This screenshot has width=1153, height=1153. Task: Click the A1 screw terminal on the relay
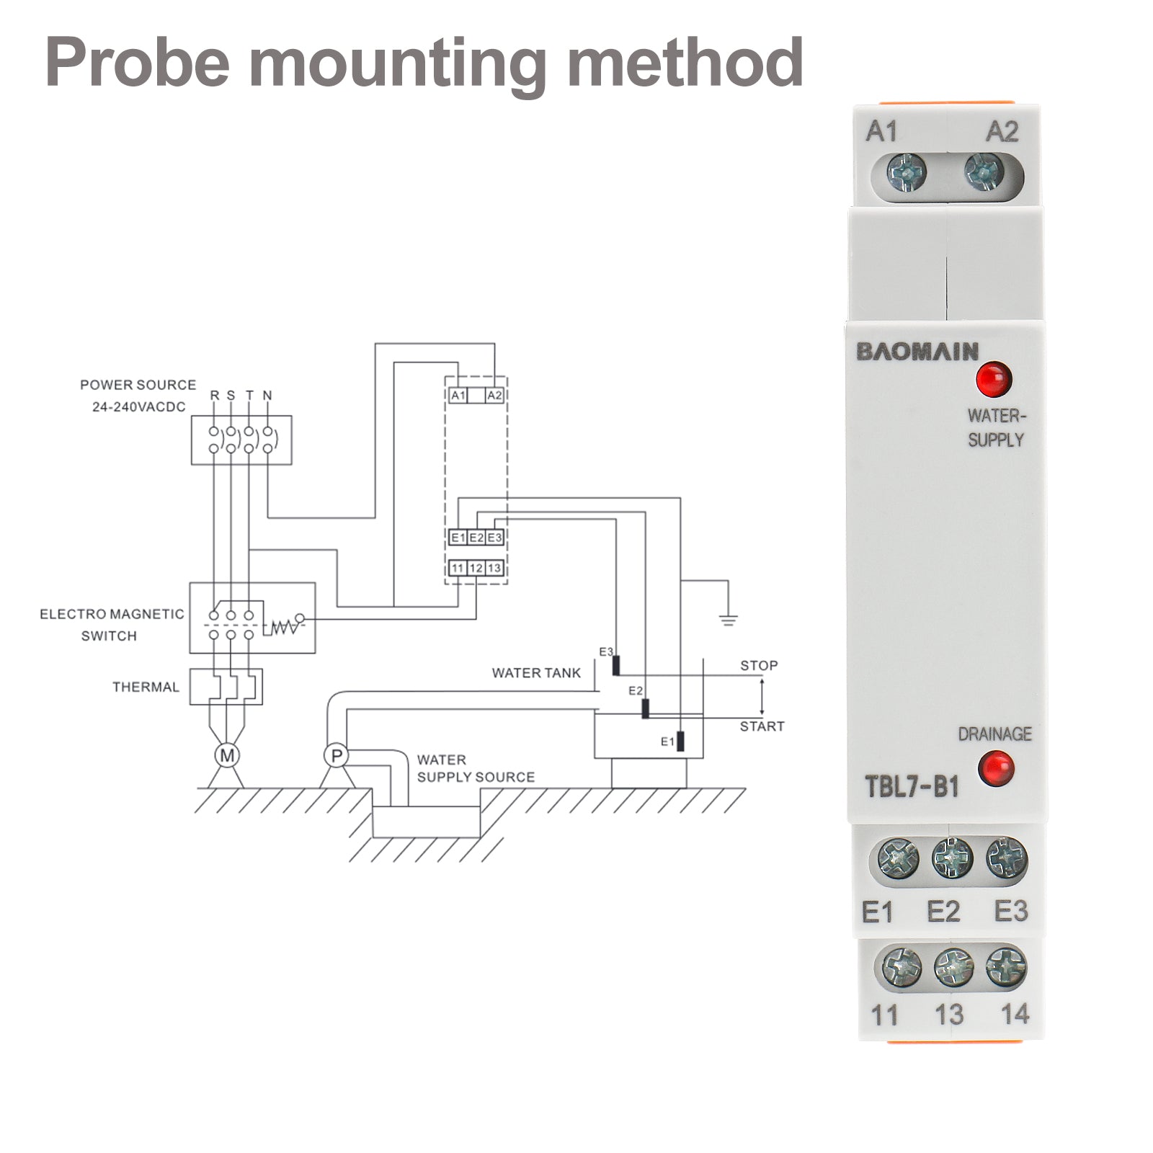click(907, 173)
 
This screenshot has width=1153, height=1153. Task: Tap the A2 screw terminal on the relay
click(984, 173)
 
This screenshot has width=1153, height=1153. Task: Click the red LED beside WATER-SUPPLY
click(994, 379)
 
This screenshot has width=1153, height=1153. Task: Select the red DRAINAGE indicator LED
click(996, 768)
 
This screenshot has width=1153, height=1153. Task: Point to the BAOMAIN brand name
click(917, 352)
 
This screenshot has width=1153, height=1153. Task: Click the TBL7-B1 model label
click(912, 786)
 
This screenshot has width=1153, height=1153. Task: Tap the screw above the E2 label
click(952, 858)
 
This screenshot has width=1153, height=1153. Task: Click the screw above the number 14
click(1006, 966)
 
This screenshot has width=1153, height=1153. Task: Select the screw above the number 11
click(902, 966)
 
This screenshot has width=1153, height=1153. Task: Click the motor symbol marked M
click(227, 756)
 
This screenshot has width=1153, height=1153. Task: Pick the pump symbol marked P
click(336, 756)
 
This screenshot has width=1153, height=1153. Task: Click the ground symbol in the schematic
click(729, 619)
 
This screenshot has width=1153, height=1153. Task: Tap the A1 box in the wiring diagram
click(458, 396)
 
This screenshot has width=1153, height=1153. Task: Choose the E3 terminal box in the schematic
click(494, 538)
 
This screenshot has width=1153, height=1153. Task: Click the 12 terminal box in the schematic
click(476, 568)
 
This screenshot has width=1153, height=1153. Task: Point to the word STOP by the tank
click(759, 666)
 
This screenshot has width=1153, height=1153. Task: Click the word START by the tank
click(762, 726)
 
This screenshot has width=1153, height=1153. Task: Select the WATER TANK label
click(536, 673)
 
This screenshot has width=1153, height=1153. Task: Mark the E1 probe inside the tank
click(680, 742)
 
